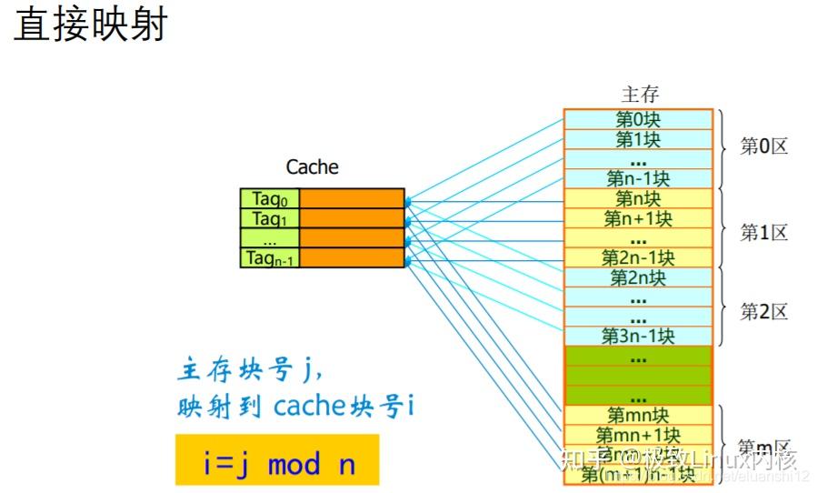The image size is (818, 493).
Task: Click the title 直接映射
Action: click(91, 25)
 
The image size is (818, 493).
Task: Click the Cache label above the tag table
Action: click(312, 167)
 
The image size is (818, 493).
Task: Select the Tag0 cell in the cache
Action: click(269, 199)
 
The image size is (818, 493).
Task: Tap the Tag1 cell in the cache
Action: click(269, 218)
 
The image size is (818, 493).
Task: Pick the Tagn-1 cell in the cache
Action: click(269, 257)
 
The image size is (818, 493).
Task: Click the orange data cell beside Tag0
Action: click(351, 199)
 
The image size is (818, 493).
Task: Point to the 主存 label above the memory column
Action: click(640, 95)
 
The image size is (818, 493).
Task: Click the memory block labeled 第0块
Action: click(638, 119)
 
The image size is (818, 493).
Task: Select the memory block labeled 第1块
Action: click(638, 139)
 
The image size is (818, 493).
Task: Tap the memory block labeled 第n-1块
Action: click(638, 178)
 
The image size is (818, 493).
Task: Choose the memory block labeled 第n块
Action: click(638, 198)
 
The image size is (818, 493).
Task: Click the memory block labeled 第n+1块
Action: click(638, 218)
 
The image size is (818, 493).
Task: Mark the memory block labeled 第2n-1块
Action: click(638, 257)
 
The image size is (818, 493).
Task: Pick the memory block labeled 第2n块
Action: click(638, 277)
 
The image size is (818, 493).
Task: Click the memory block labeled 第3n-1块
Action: click(638, 336)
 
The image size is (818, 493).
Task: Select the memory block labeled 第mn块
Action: click(638, 416)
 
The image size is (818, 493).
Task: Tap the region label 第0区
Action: click(763, 146)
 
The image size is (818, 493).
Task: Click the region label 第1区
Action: click(763, 232)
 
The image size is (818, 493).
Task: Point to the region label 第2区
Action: click(763, 312)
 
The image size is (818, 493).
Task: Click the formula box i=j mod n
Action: click(277, 464)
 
